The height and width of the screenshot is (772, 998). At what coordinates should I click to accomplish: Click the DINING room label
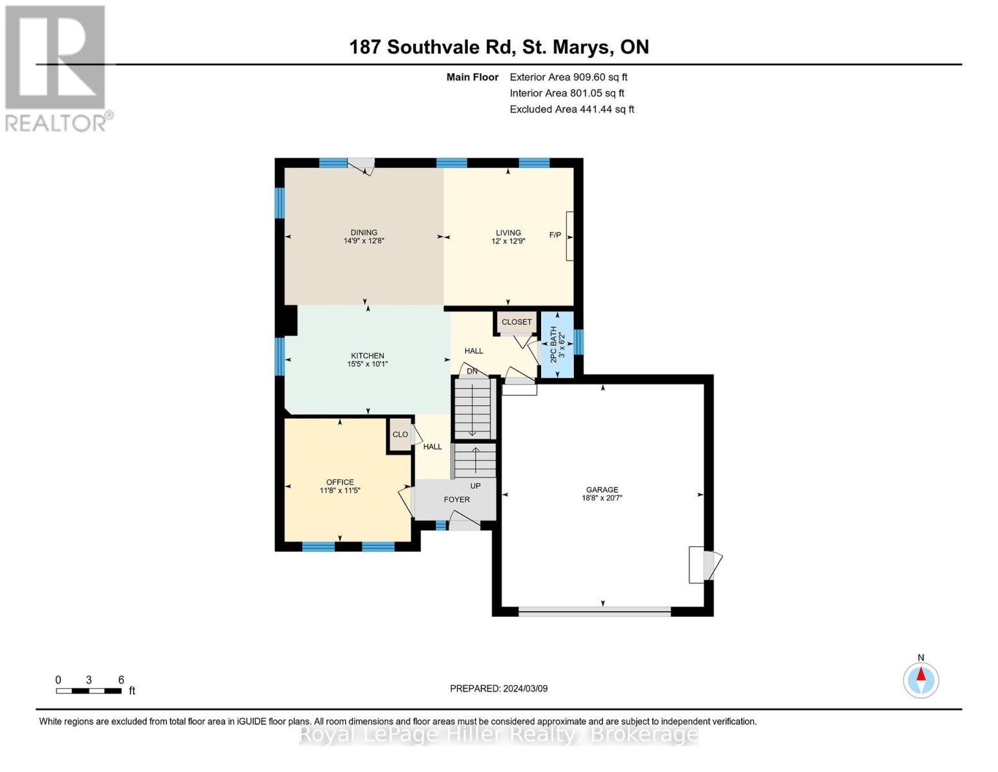[364, 233]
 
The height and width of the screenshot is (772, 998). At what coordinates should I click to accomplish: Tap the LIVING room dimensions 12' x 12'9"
[508, 241]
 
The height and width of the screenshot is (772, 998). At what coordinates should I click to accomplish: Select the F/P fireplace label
[555, 235]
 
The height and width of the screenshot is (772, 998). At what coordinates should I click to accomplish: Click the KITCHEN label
[368, 356]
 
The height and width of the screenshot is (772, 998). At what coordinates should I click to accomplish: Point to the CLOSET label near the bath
[516, 322]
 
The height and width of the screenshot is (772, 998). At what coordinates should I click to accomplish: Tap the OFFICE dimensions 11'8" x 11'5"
[340, 491]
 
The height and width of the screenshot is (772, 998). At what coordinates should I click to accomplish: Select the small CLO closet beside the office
[400, 434]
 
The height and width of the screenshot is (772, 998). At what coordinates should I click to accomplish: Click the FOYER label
[456, 500]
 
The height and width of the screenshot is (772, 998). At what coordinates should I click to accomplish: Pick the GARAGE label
[602, 490]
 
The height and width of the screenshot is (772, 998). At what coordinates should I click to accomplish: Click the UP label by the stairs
[476, 486]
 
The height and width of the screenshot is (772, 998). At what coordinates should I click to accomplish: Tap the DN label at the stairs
[472, 371]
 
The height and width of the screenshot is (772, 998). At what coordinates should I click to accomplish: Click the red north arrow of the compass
[921, 674]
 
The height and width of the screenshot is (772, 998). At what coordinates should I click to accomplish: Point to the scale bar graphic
[89, 691]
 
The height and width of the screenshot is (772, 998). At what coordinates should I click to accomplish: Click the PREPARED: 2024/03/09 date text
[499, 689]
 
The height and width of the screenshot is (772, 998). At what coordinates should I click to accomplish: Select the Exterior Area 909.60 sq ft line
[569, 77]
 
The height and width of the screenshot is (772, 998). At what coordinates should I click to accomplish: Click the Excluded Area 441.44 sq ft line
[572, 109]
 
